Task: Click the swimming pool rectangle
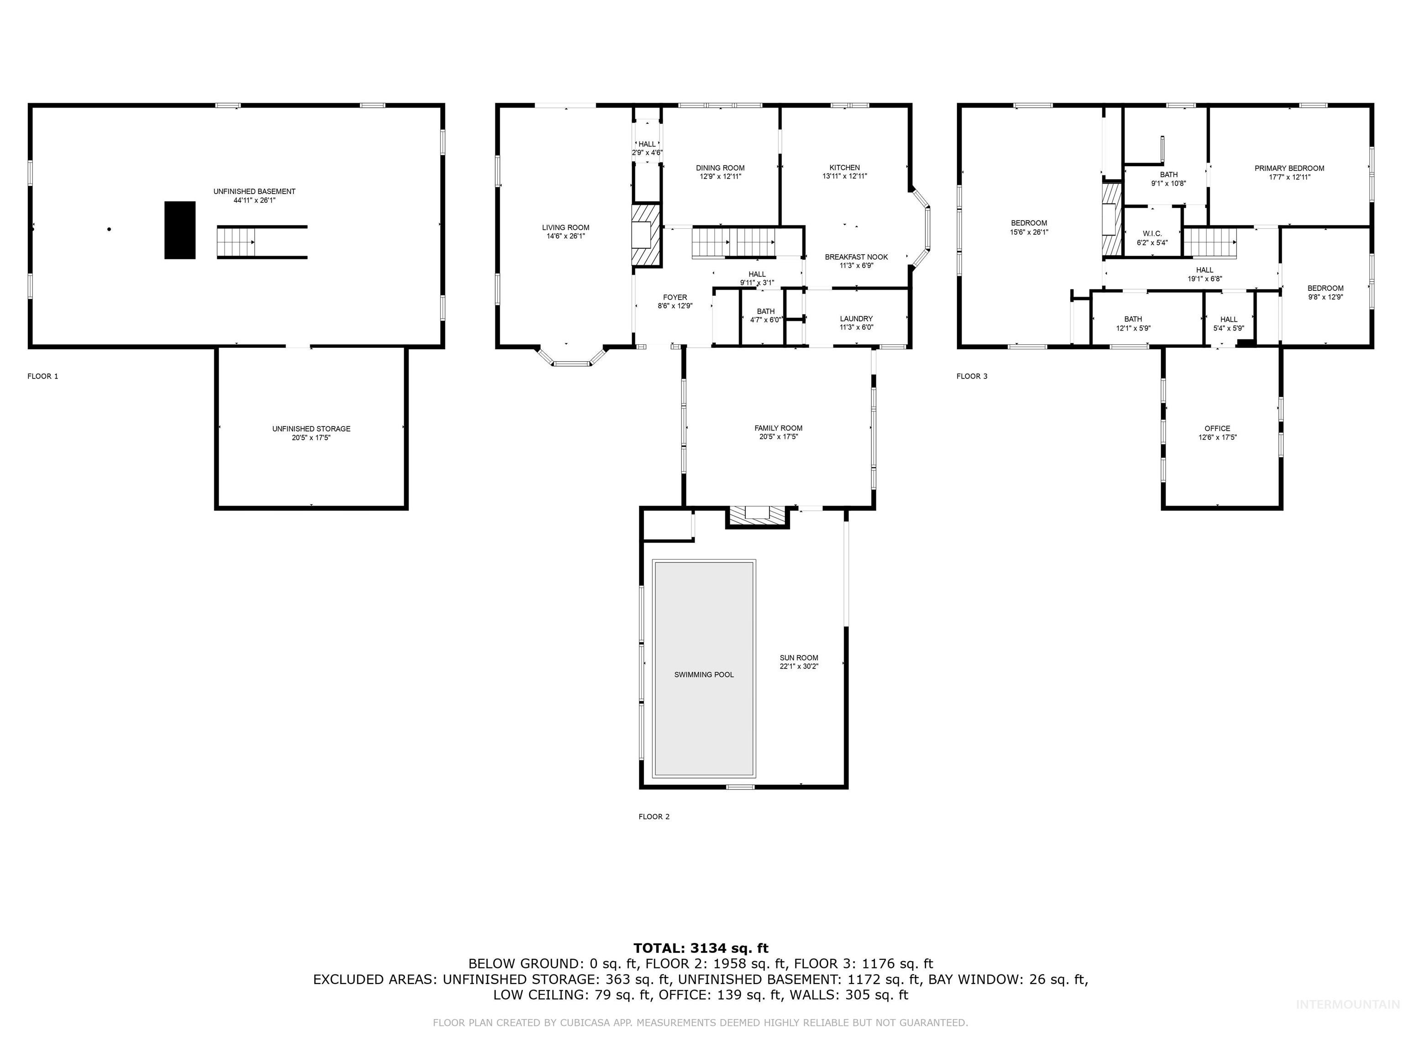coord(704,668)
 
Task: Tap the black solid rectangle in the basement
coord(180,230)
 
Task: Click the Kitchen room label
coord(844,168)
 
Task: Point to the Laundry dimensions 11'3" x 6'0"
coord(856,328)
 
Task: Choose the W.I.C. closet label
coord(1151,233)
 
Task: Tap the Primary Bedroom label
coord(1289,168)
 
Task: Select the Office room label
coord(1217,428)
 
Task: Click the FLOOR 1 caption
coord(42,376)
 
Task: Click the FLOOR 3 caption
coord(972,376)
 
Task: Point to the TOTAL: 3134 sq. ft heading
coord(701,948)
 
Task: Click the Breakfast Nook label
coord(856,257)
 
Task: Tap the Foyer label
coord(675,297)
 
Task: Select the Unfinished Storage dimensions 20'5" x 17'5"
coord(311,437)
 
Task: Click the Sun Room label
coord(799,657)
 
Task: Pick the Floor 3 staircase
coord(1210,242)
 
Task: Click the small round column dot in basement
coord(109,229)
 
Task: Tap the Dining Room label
coord(720,168)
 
